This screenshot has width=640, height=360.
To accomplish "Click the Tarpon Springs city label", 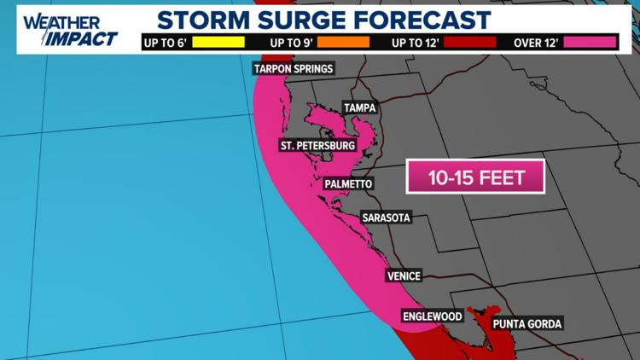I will (293, 69).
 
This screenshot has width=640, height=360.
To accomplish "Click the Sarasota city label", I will (386, 218).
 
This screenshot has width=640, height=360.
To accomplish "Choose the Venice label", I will (404, 276).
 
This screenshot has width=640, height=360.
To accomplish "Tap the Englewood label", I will (433, 316).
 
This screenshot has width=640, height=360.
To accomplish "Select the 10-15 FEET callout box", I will (475, 178).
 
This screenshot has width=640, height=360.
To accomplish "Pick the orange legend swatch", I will (343, 41).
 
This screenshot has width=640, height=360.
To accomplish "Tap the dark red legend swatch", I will (468, 41).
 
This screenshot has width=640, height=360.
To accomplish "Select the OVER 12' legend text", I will (536, 41).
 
